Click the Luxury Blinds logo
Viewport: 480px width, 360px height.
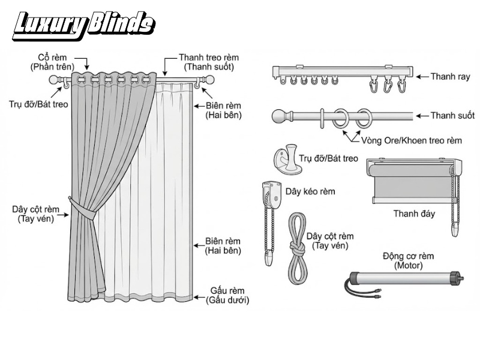(84, 26)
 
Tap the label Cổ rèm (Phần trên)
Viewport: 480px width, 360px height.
(52, 62)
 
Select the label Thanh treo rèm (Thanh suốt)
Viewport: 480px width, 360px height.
(209, 62)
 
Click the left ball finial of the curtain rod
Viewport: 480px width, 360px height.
(55, 80)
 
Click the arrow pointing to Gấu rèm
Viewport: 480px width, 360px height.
(199, 297)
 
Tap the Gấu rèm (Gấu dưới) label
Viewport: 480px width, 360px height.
(227, 295)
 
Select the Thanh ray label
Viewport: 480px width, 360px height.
(451, 77)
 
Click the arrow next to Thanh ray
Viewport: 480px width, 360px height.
(422, 77)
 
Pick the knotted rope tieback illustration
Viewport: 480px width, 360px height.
(297, 248)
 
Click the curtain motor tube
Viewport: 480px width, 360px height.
(404, 278)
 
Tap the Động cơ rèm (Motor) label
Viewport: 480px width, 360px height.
(409, 260)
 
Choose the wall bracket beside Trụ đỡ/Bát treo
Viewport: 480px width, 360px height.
(287, 159)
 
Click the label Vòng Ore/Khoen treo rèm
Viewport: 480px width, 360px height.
(412, 140)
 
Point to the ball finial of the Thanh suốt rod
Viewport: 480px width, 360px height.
(279, 116)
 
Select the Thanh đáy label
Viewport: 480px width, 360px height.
(414, 214)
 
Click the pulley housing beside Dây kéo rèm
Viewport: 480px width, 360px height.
(272, 194)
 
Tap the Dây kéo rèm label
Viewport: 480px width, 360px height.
(310, 191)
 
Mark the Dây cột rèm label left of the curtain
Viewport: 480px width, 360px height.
(36, 214)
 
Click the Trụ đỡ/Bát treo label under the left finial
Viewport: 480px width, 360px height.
(38, 104)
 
